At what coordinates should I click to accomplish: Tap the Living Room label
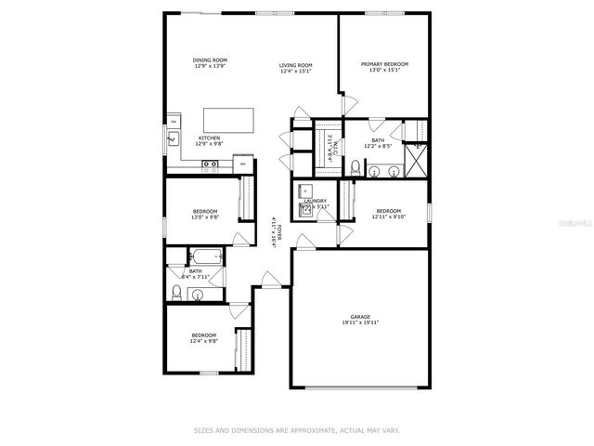[x=296, y=65]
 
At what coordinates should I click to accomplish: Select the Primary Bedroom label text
[x=384, y=64]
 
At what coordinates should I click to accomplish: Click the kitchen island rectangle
[x=227, y=121]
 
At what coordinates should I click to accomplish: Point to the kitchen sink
[x=173, y=140]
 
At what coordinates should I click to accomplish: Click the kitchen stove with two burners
[x=211, y=167]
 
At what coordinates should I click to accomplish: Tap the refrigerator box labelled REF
[x=243, y=164]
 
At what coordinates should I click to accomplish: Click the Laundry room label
[x=315, y=201]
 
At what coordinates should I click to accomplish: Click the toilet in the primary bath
[x=355, y=167]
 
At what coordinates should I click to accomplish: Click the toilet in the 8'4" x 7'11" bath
[x=176, y=292]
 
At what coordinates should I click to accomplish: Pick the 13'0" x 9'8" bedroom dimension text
[x=204, y=217]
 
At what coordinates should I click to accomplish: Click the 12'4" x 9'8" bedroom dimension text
[x=204, y=340]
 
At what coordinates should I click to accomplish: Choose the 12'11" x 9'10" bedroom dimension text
[x=389, y=216]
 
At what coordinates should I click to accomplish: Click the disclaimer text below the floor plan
[x=296, y=430]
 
